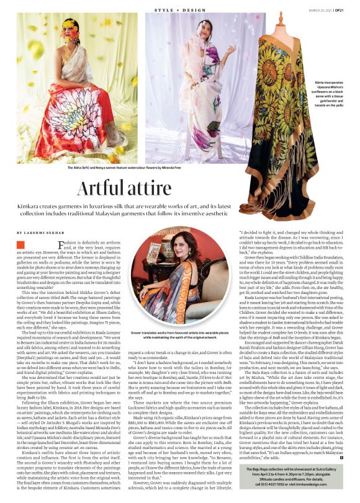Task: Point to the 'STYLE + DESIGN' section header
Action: point(179,9)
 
